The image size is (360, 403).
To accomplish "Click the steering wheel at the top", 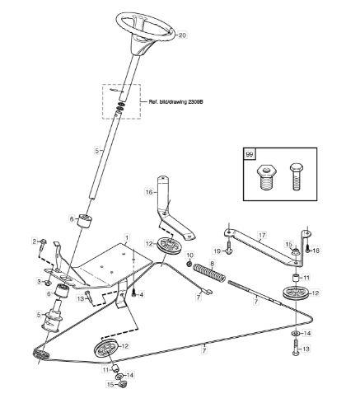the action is point(146,26).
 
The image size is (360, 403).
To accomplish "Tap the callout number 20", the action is point(182,35).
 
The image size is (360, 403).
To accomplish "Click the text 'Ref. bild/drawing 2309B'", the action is point(175,101).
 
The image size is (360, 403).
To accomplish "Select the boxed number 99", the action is point(250,154).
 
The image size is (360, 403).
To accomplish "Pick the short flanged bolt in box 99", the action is point(268,178).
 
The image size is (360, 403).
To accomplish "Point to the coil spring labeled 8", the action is point(210,272).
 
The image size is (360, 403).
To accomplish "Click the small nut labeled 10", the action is point(189,264).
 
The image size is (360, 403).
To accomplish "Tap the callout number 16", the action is point(148,192).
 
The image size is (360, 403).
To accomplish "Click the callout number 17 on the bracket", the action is point(262,235).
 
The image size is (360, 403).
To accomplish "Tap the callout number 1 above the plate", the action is point(127,237).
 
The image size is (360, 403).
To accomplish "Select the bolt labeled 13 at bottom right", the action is point(296,347).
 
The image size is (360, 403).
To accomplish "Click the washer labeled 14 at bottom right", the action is point(296,333).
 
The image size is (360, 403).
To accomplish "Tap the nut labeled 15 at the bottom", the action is point(123,384).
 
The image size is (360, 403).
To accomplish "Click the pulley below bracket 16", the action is point(169,246).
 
